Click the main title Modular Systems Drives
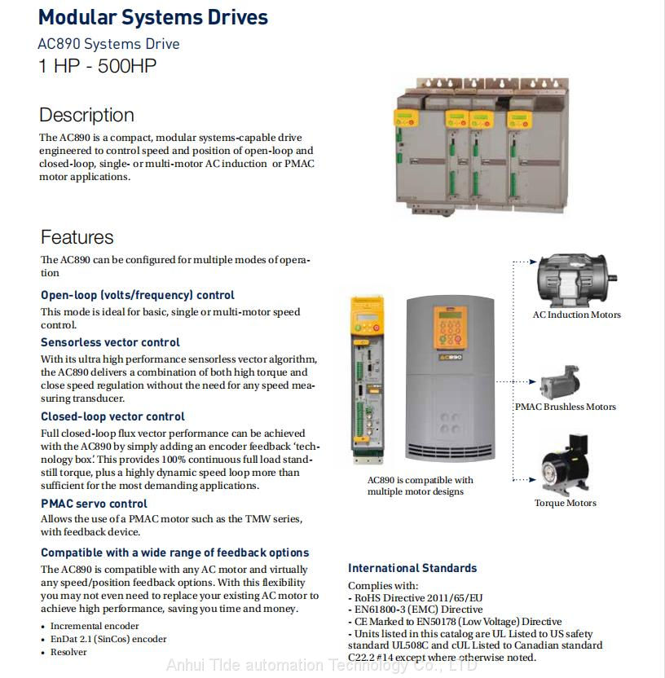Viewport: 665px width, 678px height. [x=153, y=17]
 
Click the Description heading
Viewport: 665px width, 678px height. [x=86, y=115]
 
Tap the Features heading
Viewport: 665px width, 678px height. [x=77, y=237]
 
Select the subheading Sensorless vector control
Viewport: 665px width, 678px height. [x=110, y=342]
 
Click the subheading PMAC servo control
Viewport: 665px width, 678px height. [x=94, y=504]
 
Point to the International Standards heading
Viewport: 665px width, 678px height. [x=412, y=568]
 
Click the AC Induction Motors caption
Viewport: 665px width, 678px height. [x=576, y=315]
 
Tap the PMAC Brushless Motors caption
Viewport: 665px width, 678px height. [x=565, y=407]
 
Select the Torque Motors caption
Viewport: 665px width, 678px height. [x=565, y=503]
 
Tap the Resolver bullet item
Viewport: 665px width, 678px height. [x=68, y=652]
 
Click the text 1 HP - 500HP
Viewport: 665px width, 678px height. [x=97, y=66]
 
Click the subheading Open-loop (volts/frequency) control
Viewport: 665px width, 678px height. [x=138, y=295]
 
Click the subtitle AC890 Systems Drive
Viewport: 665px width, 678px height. [x=108, y=44]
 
